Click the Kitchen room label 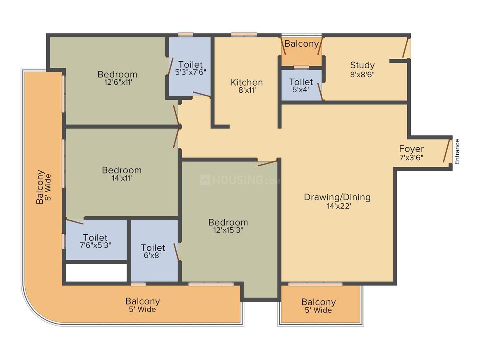(247, 82)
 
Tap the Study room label (362, 65)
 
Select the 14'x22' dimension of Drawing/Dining (338, 206)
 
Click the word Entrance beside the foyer (457, 152)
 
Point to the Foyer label (411, 149)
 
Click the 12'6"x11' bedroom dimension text (118, 82)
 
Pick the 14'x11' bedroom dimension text (122, 178)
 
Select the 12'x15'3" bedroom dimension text (228, 230)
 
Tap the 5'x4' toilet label (300, 90)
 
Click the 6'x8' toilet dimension (152, 255)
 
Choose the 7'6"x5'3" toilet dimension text (96, 245)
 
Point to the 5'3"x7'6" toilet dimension (190, 72)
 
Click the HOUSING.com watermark (240, 180)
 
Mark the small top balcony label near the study (302, 44)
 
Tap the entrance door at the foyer (447, 151)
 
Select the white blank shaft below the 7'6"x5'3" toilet (96, 272)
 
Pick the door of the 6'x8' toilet (177, 252)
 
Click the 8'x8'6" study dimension (362, 74)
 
